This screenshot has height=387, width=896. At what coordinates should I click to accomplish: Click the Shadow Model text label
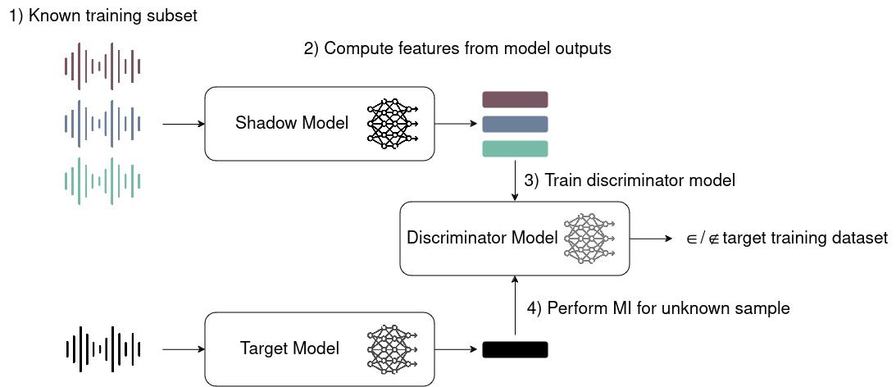tap(292, 124)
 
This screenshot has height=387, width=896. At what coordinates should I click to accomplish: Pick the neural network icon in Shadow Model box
tap(392, 124)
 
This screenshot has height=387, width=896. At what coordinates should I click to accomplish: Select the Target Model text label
tap(289, 349)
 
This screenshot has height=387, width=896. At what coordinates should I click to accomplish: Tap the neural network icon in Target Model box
tap(392, 349)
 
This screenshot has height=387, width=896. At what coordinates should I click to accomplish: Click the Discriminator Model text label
tap(482, 238)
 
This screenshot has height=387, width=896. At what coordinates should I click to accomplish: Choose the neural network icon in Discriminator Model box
tap(589, 238)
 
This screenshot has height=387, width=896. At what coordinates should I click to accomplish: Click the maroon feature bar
tap(515, 100)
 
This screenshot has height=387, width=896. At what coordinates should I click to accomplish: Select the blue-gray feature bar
tap(515, 124)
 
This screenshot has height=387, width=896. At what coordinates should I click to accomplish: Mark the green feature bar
tap(515, 148)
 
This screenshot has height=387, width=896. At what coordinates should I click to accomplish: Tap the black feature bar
tap(515, 349)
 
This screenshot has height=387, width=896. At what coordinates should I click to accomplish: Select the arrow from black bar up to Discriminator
tap(515, 307)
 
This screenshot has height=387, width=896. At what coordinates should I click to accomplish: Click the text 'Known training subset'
tap(116, 16)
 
